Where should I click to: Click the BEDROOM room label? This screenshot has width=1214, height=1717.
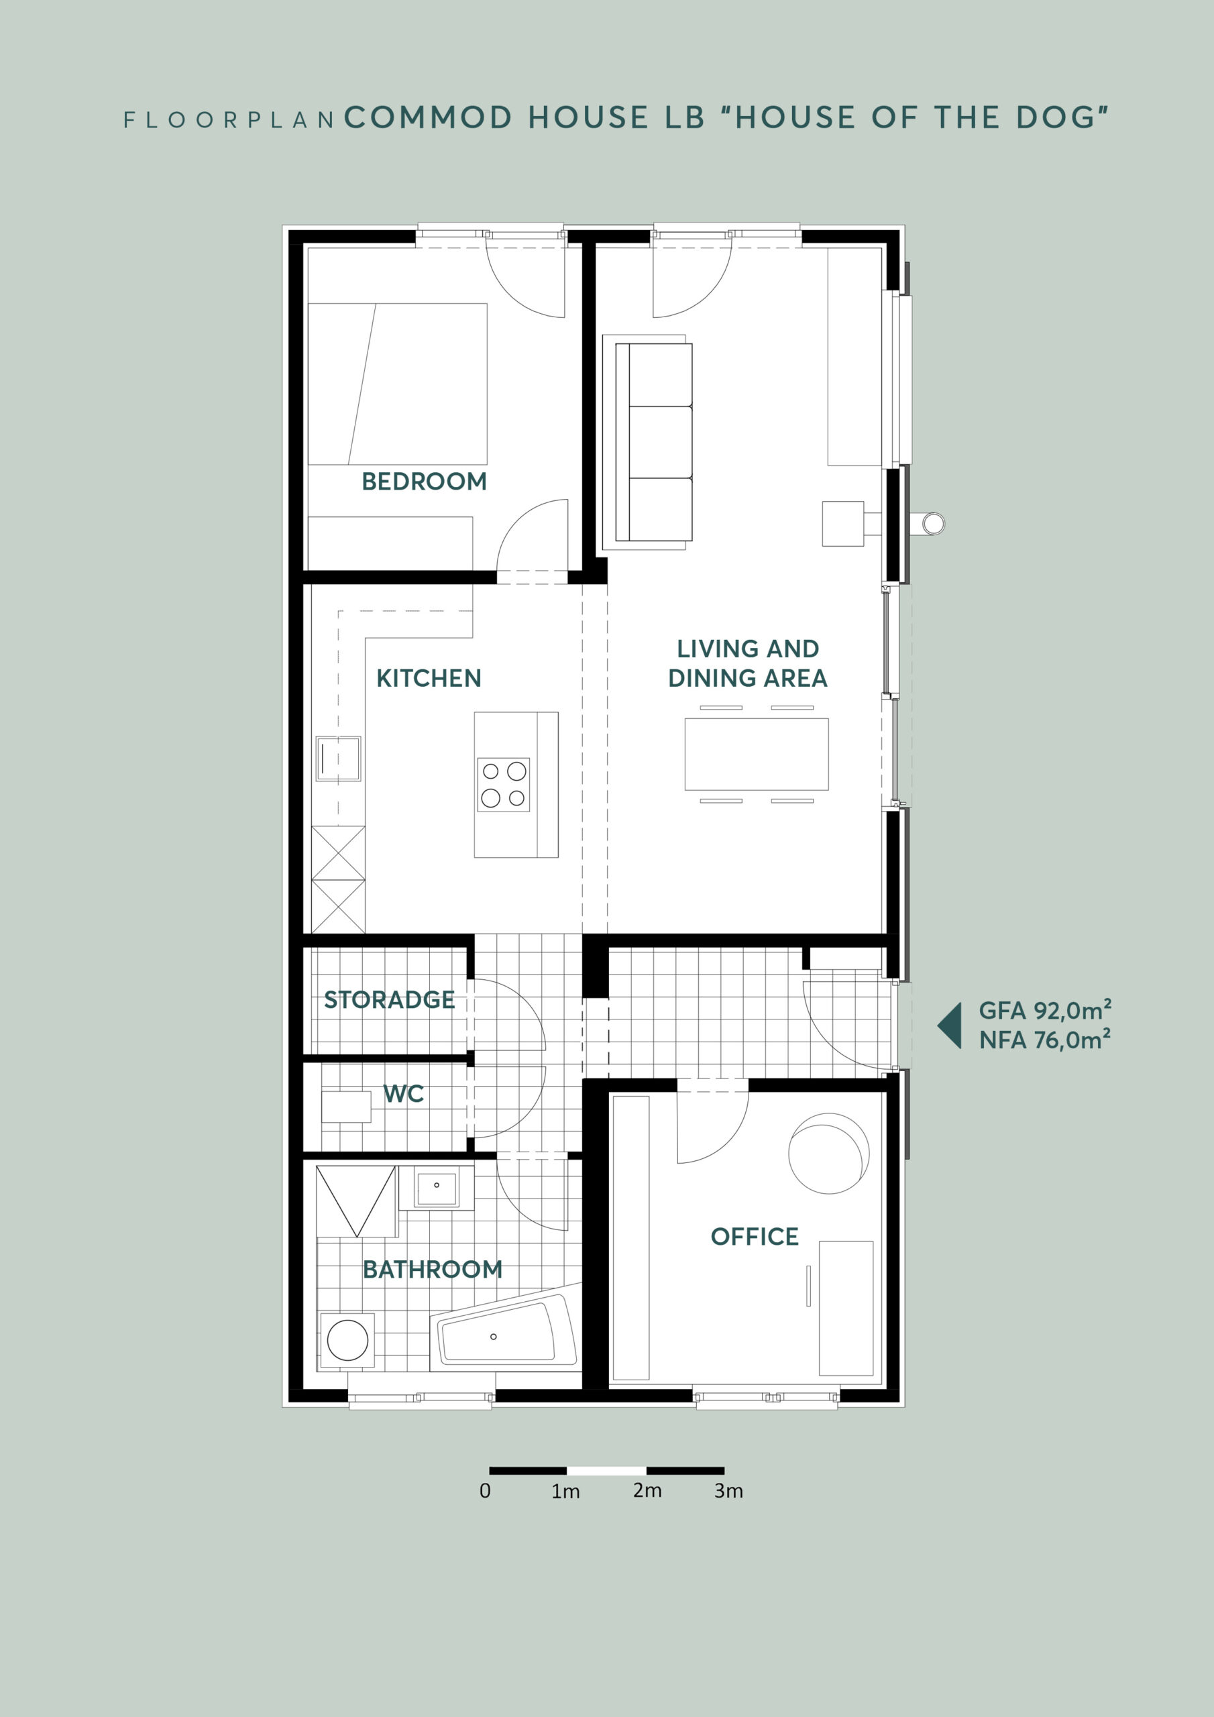click(x=424, y=481)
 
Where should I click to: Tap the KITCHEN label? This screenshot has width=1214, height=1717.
click(x=429, y=678)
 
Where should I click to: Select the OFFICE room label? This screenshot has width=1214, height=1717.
click(x=755, y=1236)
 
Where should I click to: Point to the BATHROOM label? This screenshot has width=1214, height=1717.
click(x=433, y=1269)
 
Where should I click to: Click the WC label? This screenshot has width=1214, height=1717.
click(x=404, y=1094)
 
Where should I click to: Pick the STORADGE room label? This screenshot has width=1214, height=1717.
click(x=389, y=999)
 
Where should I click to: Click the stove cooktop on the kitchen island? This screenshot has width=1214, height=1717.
click(x=504, y=785)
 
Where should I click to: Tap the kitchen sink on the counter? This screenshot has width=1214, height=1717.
click(x=338, y=759)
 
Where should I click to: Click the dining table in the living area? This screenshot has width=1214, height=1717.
click(x=756, y=754)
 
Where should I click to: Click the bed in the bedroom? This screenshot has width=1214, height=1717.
click(x=397, y=384)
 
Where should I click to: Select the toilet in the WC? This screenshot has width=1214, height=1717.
click(x=345, y=1107)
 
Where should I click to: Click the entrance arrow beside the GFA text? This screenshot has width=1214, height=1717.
click(x=949, y=1026)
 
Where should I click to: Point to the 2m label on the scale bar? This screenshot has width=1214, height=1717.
click(x=647, y=1490)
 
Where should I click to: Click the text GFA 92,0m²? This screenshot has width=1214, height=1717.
click(x=1045, y=1010)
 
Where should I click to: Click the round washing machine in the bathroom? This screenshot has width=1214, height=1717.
click(x=347, y=1340)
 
